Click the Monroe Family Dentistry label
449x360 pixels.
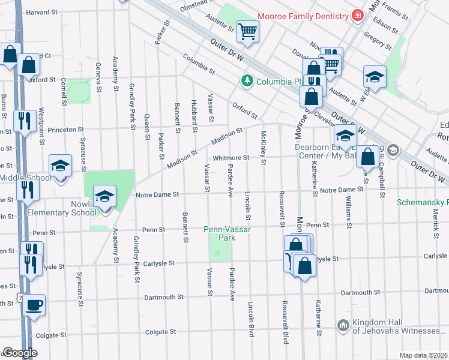point(303,16)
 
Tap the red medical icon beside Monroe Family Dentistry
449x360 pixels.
point(358,15)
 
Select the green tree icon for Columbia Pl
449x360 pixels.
point(246,80)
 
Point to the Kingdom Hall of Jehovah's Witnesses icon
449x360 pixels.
point(343,325)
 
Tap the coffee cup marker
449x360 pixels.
point(34,305)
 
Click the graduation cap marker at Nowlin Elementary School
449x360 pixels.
point(104,196)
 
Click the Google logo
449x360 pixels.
point(20,353)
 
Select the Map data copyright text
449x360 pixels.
point(423,355)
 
